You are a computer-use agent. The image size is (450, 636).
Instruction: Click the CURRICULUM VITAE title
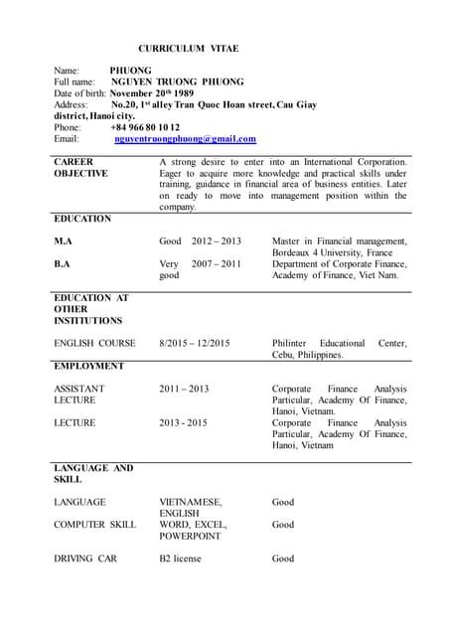coord(188,49)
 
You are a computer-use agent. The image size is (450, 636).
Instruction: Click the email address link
coord(185,139)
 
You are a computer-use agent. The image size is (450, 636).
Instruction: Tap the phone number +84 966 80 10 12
coord(145,128)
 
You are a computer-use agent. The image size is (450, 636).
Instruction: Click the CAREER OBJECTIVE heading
coord(80,167)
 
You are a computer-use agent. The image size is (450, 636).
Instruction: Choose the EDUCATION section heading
coord(82,219)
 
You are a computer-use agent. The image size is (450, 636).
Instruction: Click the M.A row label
coord(64,241)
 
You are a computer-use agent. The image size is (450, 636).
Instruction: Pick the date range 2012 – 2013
coord(216,241)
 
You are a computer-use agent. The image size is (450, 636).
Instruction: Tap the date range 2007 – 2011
coord(216,264)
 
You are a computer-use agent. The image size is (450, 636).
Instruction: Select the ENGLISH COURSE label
coord(94,344)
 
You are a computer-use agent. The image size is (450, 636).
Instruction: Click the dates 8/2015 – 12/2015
coord(195,344)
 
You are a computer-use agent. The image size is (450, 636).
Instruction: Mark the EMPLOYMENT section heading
coord(89,367)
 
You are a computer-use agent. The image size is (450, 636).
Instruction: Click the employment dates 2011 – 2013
coord(184,389)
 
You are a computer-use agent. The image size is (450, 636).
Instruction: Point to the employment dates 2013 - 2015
coord(183,423)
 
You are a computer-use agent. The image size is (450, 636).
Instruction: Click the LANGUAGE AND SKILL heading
coord(93,473)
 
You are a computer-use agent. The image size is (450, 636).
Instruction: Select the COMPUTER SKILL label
coord(95,525)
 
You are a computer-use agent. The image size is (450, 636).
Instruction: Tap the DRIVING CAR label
coord(85,558)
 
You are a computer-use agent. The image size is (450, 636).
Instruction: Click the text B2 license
coord(180,558)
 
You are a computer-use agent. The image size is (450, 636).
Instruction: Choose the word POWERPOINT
coord(192,537)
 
